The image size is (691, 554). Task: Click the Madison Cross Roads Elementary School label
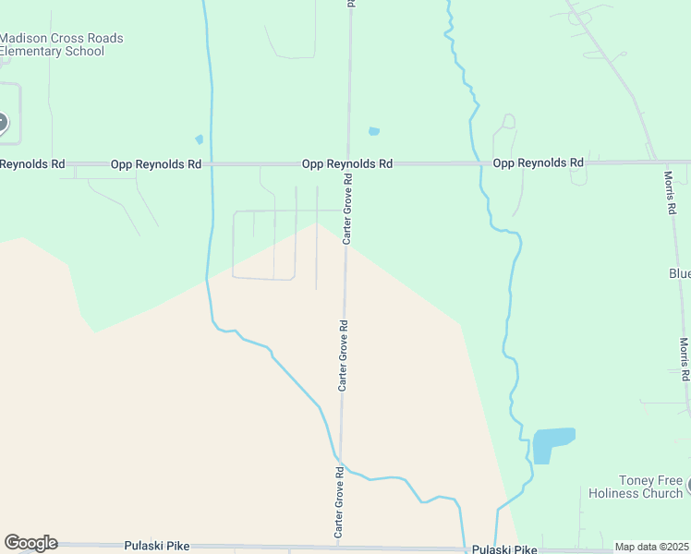(61, 44)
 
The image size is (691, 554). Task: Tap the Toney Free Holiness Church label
(636, 487)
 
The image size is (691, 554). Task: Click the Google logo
(30, 543)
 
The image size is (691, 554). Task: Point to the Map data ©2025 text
(652, 547)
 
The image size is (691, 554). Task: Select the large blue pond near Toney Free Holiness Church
(552, 444)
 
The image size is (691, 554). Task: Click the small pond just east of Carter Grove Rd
(374, 131)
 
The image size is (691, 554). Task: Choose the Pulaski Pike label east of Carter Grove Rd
(504, 549)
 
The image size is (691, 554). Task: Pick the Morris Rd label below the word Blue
(685, 359)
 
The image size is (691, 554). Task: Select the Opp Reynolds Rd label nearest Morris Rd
(539, 163)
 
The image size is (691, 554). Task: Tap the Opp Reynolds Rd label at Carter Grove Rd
(347, 163)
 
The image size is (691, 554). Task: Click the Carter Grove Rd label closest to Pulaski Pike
(339, 502)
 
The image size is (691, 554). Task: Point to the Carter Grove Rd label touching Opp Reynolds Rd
(348, 211)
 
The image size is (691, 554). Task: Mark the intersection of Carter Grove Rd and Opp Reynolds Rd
(348, 163)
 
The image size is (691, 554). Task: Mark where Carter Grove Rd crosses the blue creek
(341, 461)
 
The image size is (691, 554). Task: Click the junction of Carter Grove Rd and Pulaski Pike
(339, 548)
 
